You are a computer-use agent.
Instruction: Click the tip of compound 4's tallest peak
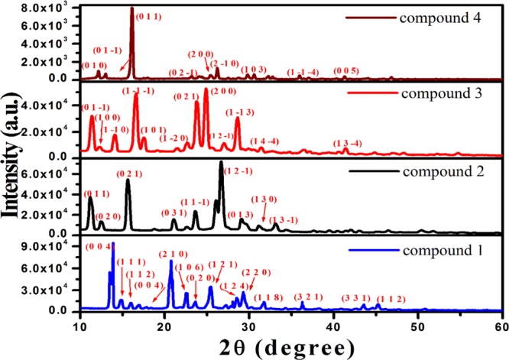pyautogui.click(x=132, y=8)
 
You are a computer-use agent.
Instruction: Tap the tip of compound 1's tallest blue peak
pyautogui.click(x=113, y=244)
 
